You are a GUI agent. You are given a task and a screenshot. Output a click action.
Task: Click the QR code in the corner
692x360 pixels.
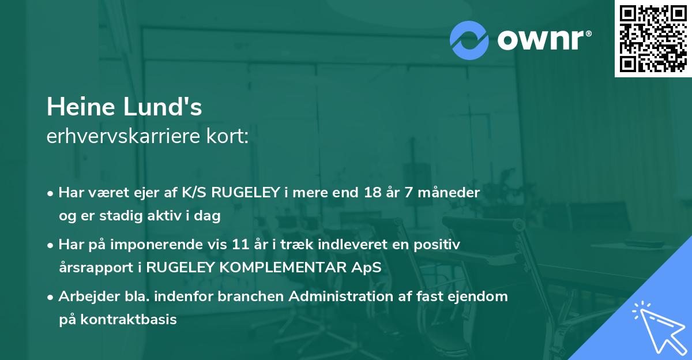point(653,38)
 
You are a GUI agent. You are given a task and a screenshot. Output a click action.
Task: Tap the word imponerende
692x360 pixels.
point(171,245)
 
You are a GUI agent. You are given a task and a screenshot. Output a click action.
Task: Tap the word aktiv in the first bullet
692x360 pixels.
point(175,216)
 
